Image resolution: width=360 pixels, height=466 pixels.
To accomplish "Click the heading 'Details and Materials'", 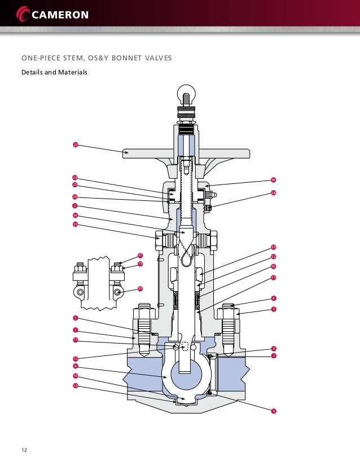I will point(54,73).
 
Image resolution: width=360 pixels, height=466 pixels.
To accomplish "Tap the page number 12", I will point(25,450).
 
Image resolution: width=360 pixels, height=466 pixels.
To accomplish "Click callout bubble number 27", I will point(75,145).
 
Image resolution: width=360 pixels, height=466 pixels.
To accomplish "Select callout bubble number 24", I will point(75,178).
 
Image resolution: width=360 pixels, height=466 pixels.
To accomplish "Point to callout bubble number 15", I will point(75,225).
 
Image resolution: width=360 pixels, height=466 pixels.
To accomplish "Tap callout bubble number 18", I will point(273,181).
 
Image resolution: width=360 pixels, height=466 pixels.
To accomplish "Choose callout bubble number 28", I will point(273,193).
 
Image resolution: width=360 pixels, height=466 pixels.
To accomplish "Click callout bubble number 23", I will point(273,247).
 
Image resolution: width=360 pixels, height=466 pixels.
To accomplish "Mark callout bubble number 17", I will point(273,278).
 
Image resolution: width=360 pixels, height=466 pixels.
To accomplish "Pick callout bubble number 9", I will point(273,411).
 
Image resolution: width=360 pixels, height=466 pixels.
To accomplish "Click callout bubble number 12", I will point(75,359).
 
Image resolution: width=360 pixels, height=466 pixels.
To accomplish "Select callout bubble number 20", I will point(141,288).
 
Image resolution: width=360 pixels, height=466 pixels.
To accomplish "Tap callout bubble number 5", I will point(273,309).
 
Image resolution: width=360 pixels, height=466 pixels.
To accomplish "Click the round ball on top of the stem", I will point(186,93).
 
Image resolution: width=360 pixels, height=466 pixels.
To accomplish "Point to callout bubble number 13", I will point(75,386).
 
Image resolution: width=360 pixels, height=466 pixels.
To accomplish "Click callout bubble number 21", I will point(141,255).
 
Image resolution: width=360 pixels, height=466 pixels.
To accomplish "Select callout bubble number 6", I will point(273,349).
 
